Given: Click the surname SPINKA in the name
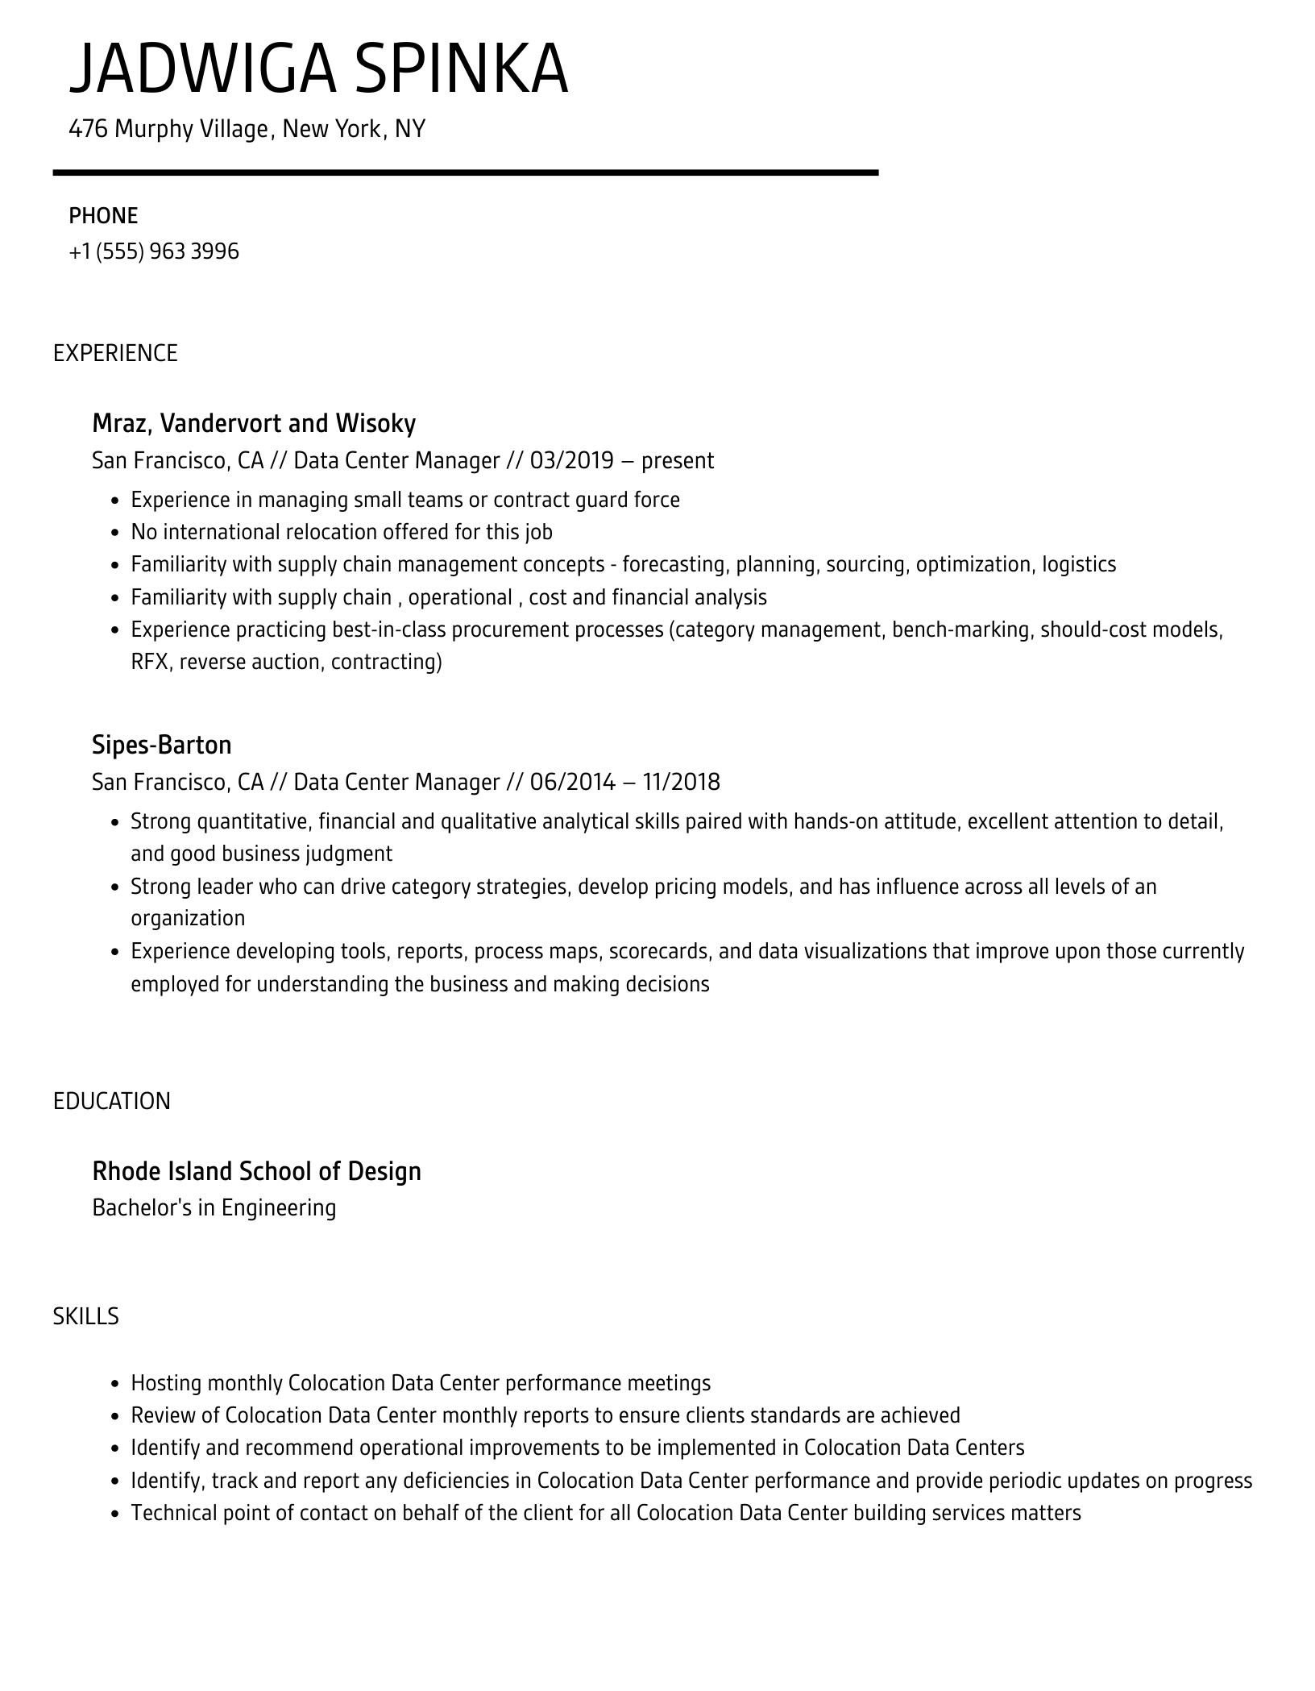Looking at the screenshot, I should (460, 70).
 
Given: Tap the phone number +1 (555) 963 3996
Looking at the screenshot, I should (154, 251).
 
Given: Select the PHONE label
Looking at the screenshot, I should (103, 216).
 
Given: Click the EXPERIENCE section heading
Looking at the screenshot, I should (115, 353).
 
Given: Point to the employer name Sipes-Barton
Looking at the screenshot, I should (161, 745).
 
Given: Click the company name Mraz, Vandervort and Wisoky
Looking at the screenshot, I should (254, 423).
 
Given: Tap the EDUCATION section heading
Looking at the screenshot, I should (112, 1101).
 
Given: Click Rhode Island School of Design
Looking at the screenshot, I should (256, 1171).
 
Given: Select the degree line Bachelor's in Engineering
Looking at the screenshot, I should (214, 1207).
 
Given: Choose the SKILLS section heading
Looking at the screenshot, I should (85, 1316).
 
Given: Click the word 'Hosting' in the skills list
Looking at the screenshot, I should (166, 1383).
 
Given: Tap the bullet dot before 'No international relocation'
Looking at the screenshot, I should (114, 533).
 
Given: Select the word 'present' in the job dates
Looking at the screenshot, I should (677, 461).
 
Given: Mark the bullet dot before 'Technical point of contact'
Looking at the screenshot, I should (114, 1514).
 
